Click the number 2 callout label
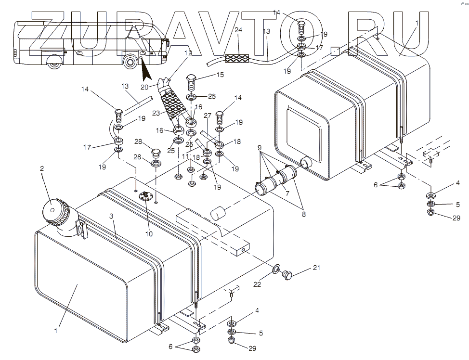click(x=42, y=169)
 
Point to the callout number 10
click(x=149, y=234)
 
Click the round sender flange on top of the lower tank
click(x=144, y=195)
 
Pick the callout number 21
click(x=302, y=268)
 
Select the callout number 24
click(x=238, y=30)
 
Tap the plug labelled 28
click(x=156, y=154)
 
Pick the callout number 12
click(x=188, y=53)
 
